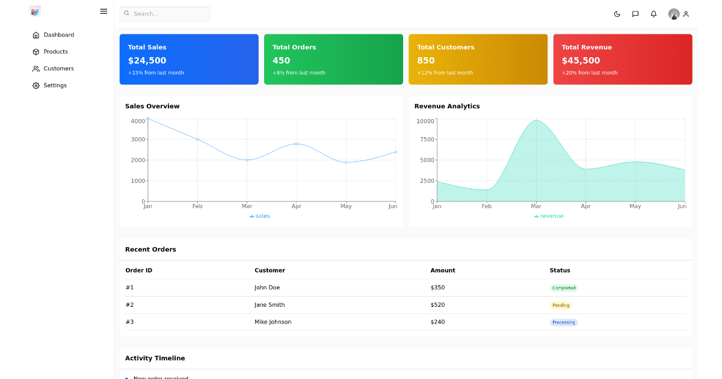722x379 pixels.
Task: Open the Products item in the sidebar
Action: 55,52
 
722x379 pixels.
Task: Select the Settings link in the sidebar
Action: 55,85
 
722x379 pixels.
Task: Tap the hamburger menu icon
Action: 103,11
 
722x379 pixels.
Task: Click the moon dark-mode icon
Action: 617,14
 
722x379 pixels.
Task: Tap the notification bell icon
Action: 653,14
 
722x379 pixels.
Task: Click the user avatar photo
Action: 674,14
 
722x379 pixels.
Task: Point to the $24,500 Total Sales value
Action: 147,60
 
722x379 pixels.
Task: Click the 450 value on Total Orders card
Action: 281,60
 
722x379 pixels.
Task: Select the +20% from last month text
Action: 589,73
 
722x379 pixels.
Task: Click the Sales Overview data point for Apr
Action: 297,144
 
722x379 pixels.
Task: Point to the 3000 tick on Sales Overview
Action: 138,140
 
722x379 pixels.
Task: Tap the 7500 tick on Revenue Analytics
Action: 427,140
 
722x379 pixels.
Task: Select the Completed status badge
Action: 564,288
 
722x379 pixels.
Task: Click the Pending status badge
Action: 561,305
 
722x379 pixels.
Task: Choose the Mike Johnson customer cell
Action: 273,322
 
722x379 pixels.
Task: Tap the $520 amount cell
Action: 437,305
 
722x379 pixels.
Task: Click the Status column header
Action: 560,271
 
